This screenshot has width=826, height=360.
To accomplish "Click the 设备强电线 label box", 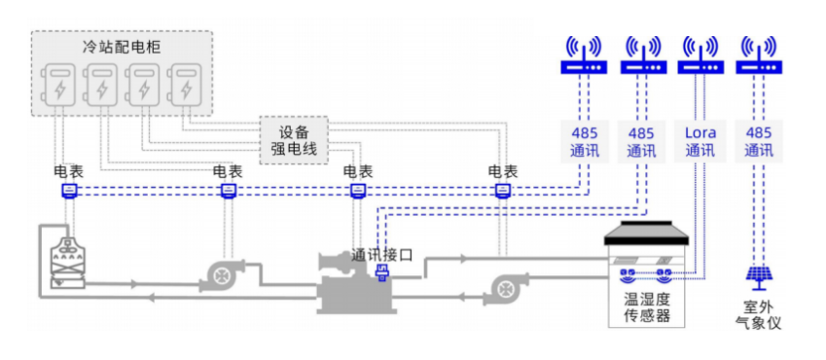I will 294,140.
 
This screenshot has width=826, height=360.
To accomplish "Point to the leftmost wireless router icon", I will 584,56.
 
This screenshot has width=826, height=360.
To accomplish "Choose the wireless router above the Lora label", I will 700,56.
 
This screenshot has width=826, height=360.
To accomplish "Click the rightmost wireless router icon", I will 758,56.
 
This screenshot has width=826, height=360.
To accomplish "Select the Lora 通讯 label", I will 700,141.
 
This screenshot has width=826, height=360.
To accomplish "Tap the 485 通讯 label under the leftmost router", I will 584,141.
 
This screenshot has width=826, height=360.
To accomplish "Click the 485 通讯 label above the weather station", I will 758,141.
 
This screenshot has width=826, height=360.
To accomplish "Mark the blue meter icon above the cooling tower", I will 69,191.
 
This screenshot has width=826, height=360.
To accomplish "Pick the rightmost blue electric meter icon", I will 502,191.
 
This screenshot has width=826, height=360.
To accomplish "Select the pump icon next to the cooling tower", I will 223,276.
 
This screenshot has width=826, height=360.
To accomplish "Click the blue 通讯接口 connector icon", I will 382,276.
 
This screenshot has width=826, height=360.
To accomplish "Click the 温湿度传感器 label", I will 646,306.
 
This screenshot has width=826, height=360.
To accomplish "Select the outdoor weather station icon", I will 758,278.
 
